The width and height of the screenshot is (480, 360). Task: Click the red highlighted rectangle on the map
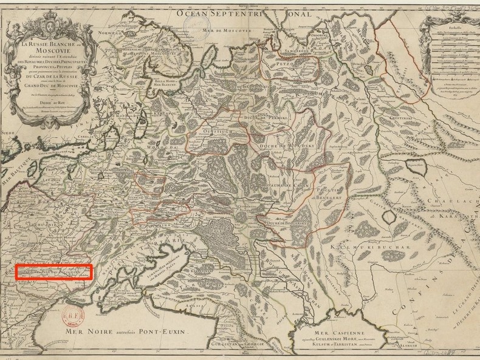54,272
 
